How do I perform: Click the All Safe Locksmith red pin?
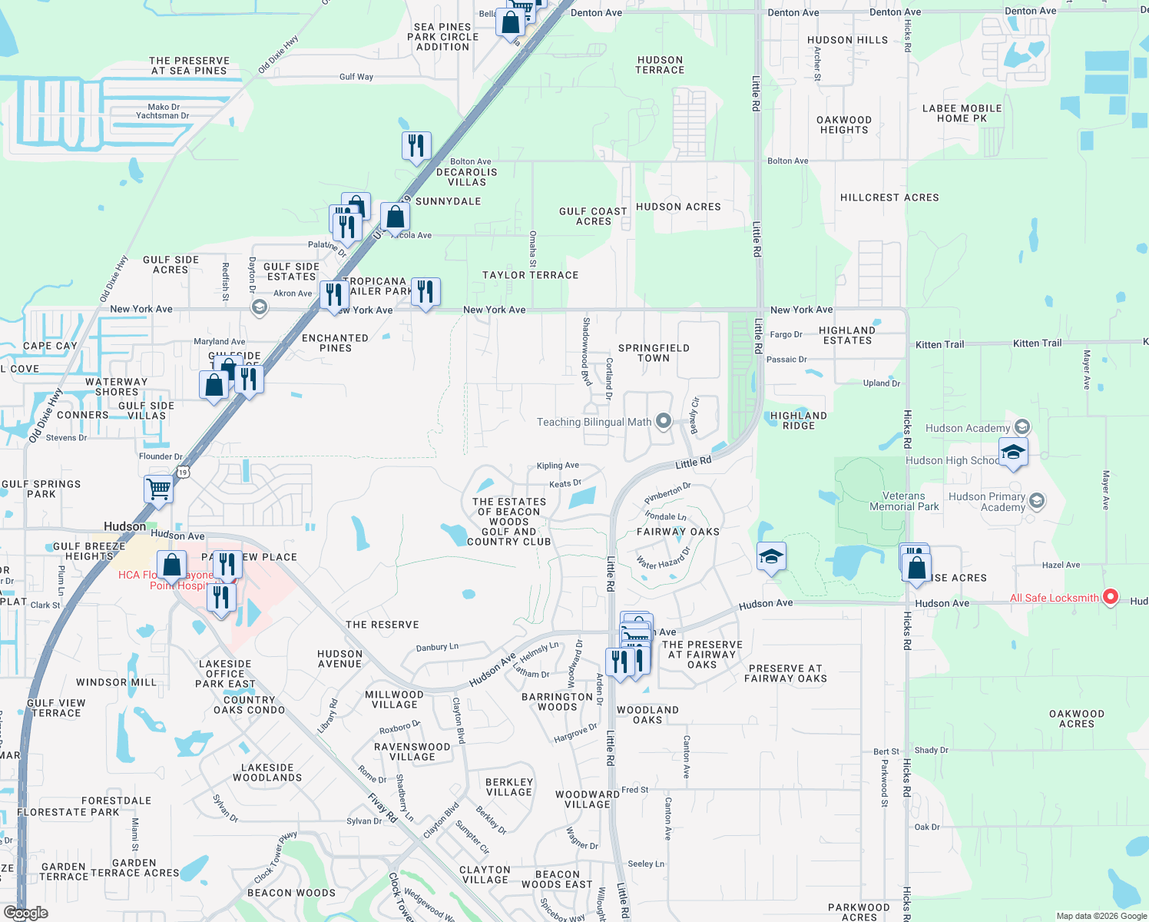(1109, 597)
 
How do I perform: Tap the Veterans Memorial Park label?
(904, 502)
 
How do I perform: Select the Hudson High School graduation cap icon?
(1013, 452)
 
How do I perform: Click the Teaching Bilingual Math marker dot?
(664, 421)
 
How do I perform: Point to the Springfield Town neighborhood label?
(654, 353)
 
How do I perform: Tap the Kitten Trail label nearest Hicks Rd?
(939, 345)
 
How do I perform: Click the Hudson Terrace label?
(660, 65)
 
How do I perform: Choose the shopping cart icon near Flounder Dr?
(159, 488)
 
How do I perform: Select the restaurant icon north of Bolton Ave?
(416, 145)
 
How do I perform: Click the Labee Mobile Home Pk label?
(962, 114)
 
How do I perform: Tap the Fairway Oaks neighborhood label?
(678, 532)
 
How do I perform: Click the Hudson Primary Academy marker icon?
(1036, 501)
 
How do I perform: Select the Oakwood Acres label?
(1077, 719)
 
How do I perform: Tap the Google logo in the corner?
(25, 913)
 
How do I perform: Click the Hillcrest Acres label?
(889, 197)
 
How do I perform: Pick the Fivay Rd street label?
(382, 808)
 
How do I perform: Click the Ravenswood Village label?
(412, 751)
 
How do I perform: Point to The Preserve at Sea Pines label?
(189, 66)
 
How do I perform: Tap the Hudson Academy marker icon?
(1022, 427)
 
